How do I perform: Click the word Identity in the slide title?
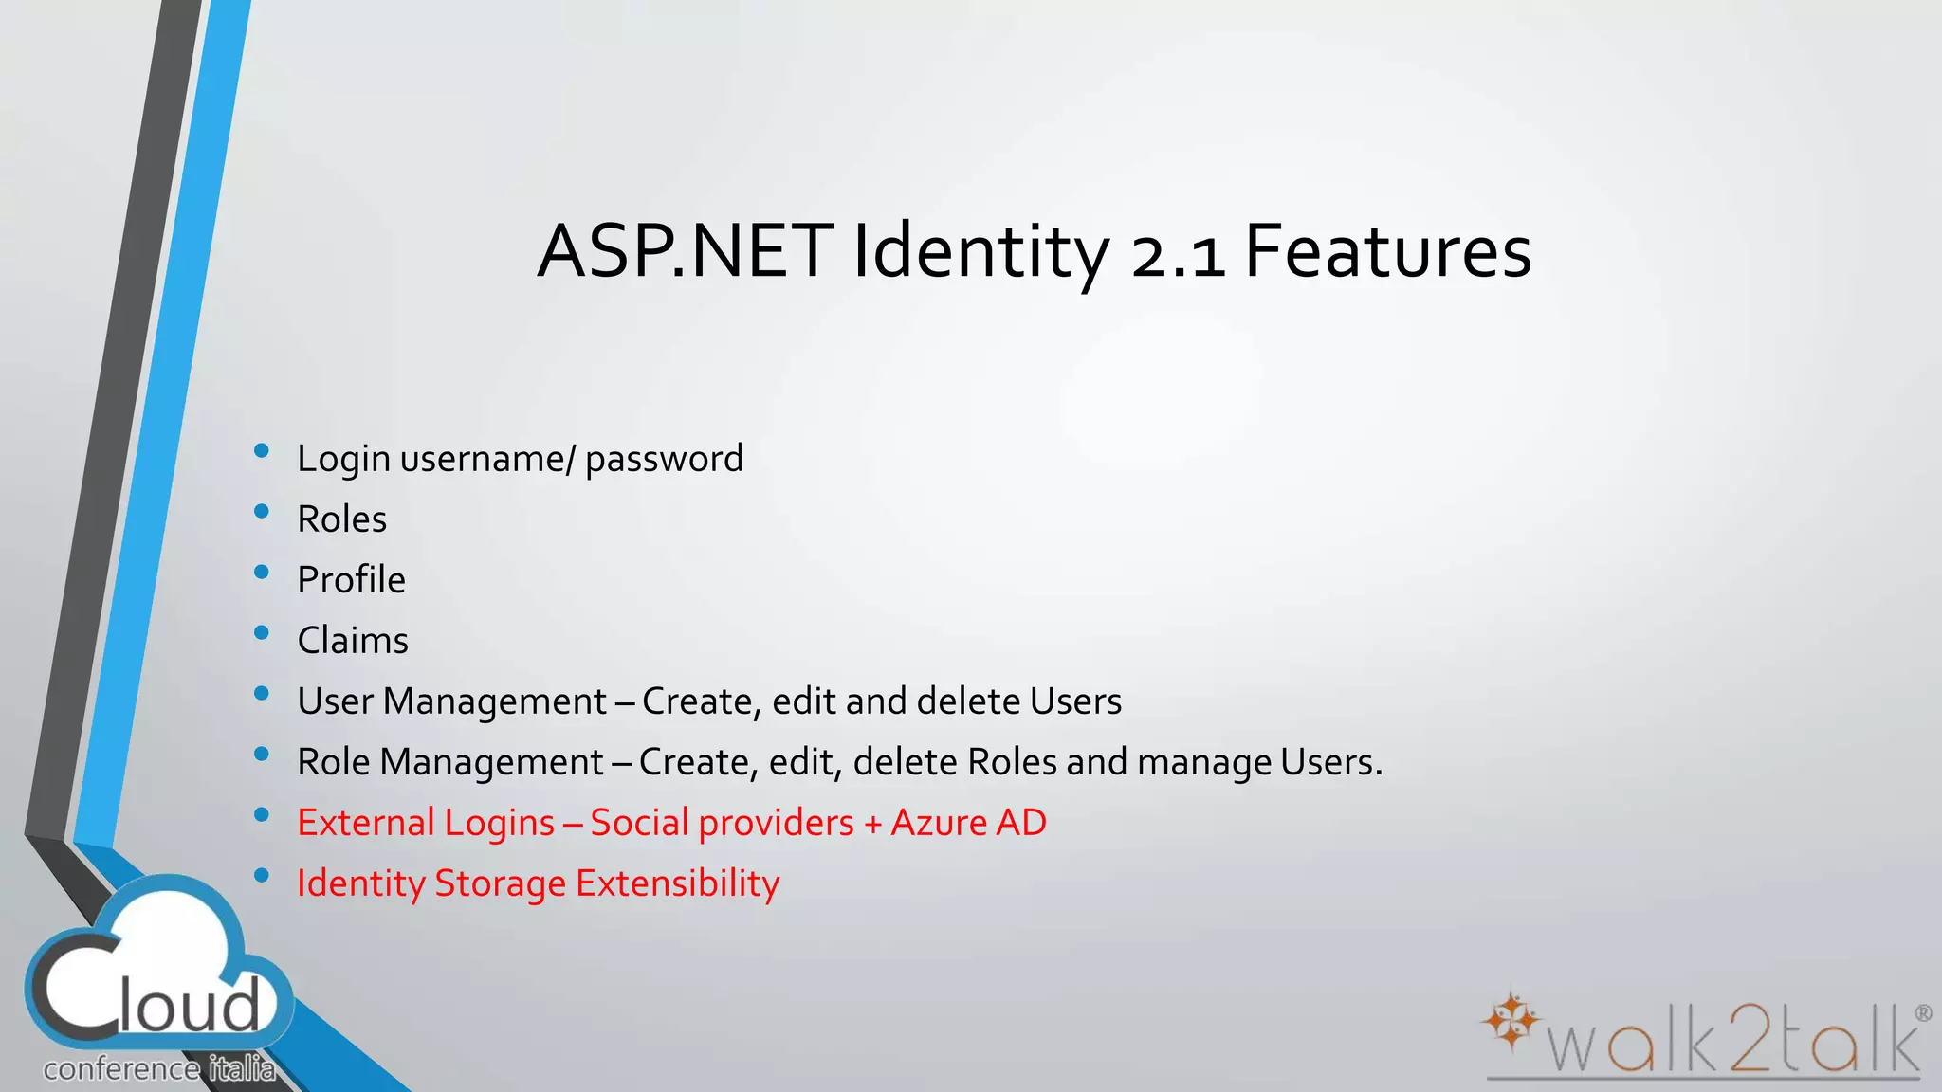point(980,252)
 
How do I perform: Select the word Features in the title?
point(1387,252)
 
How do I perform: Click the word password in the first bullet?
point(664,460)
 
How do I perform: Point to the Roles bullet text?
point(341,519)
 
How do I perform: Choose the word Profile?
point(351,580)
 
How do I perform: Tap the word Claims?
point(353,641)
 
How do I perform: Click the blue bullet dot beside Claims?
point(262,632)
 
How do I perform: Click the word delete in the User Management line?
point(968,701)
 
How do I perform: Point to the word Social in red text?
point(640,823)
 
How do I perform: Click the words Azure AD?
point(968,823)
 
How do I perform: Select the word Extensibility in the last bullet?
point(677,883)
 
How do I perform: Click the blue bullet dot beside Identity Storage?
point(262,875)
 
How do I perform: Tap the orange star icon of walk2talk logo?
point(1511,1021)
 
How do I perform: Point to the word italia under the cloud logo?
point(242,1069)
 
